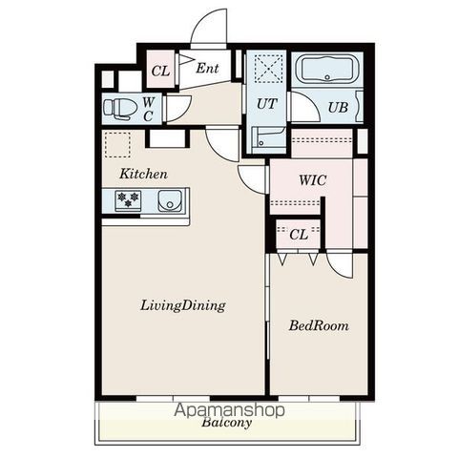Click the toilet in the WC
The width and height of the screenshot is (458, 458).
(117, 109)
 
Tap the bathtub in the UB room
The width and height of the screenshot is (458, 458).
(327, 69)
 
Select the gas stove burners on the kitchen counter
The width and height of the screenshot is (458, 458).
(128, 199)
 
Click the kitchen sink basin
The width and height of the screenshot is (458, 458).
(171, 201)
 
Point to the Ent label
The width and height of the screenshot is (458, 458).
(207, 68)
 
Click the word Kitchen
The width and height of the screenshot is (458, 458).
(143, 174)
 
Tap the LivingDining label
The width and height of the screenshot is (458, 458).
(183, 305)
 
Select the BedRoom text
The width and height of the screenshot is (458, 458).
(319, 325)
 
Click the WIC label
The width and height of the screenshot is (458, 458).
(313, 180)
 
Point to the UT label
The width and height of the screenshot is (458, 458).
(266, 104)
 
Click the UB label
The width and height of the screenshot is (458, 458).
(338, 108)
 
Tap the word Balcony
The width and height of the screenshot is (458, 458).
(226, 423)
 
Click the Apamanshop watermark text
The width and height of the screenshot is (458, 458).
(229, 410)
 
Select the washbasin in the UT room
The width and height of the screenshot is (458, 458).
(268, 137)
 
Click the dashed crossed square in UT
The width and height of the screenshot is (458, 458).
(269, 69)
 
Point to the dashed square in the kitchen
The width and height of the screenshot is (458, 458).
(117, 145)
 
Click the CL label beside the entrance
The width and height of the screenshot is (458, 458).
(160, 71)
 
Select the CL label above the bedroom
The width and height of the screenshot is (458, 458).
(299, 235)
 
